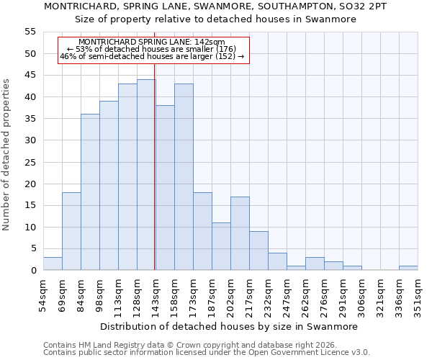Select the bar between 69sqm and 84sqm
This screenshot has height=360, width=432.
(x=71, y=231)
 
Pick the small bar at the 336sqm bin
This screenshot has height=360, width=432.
(x=408, y=268)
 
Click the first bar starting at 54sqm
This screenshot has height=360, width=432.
(x=53, y=264)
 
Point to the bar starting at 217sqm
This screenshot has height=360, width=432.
(x=258, y=251)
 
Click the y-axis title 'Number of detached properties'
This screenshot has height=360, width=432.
(x=7, y=155)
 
